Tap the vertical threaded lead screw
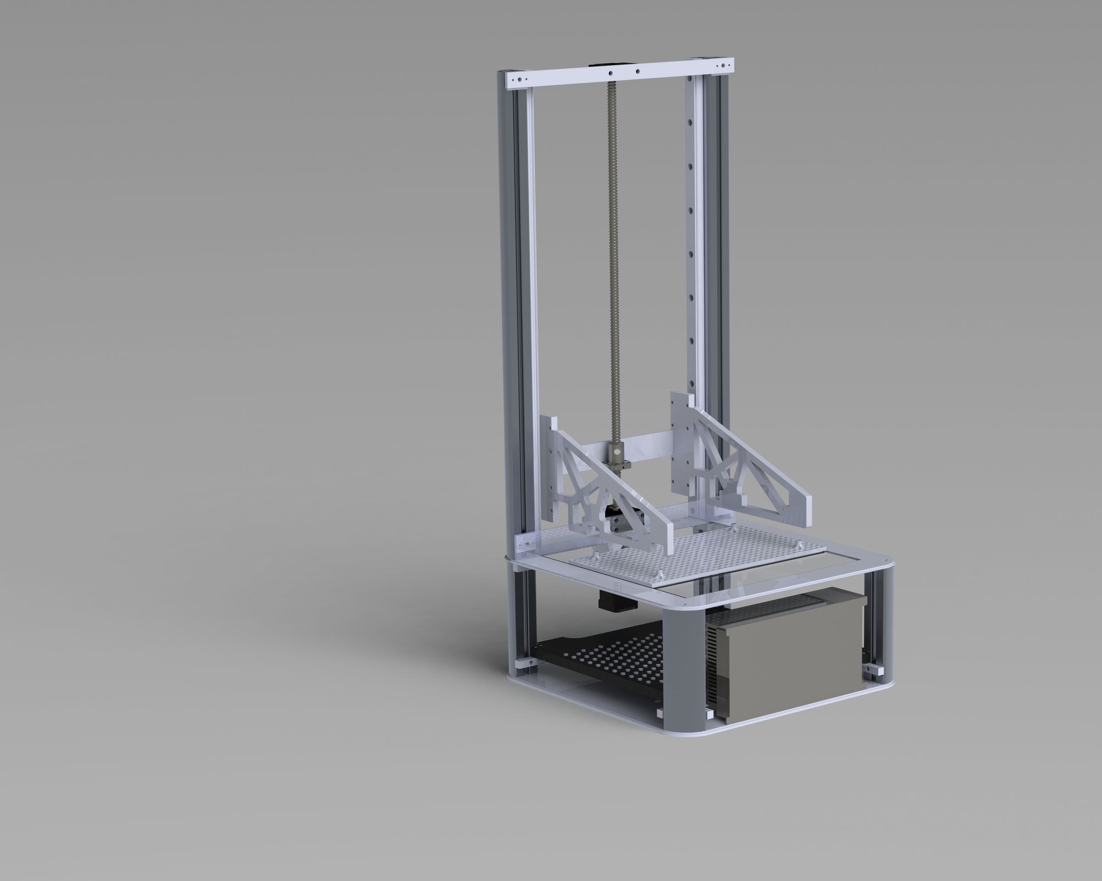tap(613, 256)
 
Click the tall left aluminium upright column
tap(515, 307)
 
